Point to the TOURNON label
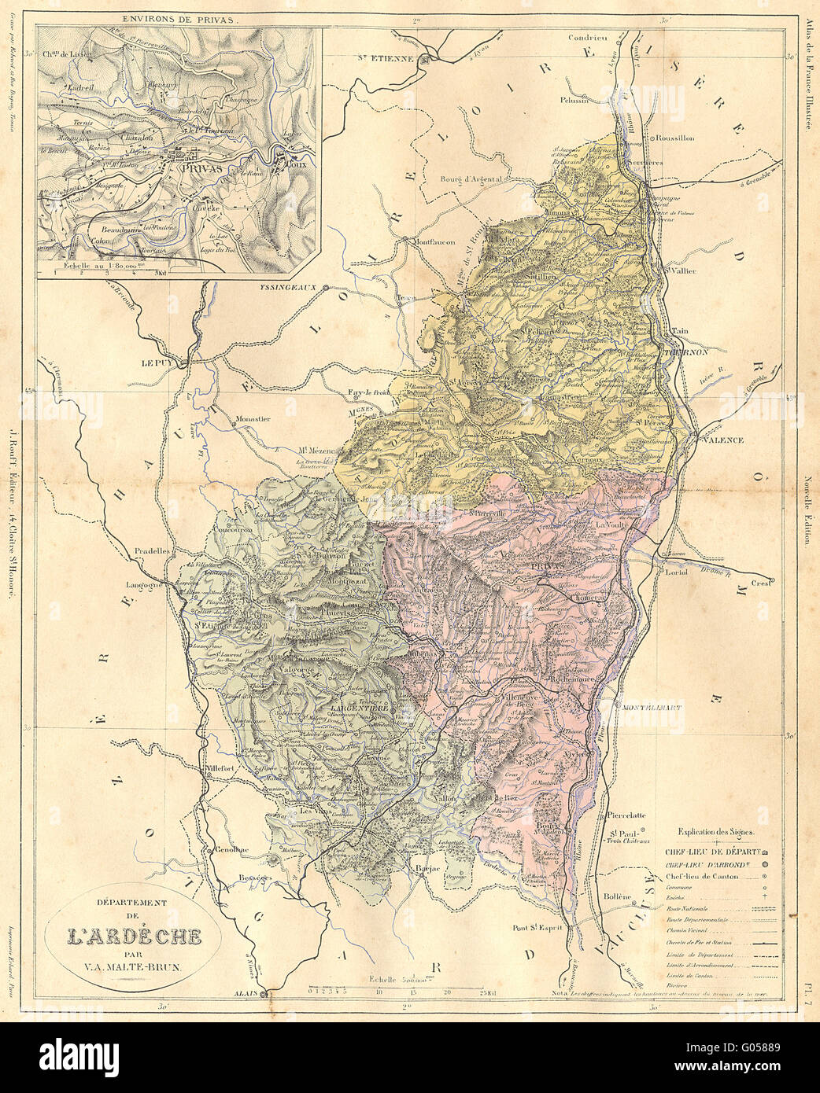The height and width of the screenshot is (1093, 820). pos(690,353)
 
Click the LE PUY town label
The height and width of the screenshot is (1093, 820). pos(157,363)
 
